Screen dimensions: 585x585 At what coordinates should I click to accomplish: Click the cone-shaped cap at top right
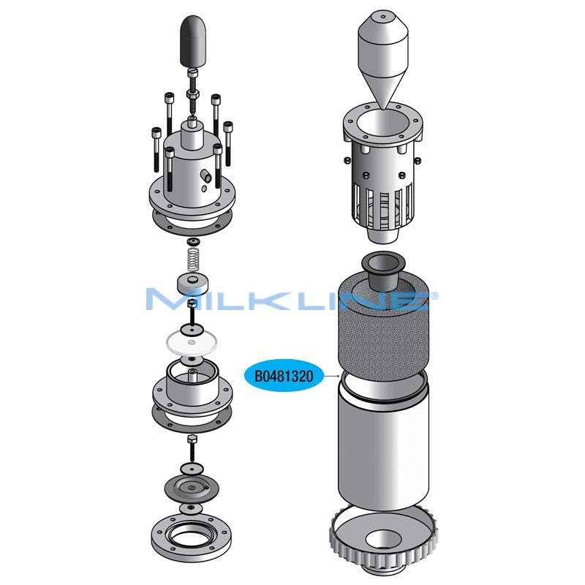tap(384, 55)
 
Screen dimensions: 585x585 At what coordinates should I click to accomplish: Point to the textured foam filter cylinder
tap(380, 329)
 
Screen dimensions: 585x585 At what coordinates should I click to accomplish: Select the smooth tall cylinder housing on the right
tap(381, 446)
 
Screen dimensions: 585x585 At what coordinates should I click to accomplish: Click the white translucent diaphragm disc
tap(192, 339)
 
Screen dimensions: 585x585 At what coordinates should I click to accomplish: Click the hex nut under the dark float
tap(192, 94)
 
